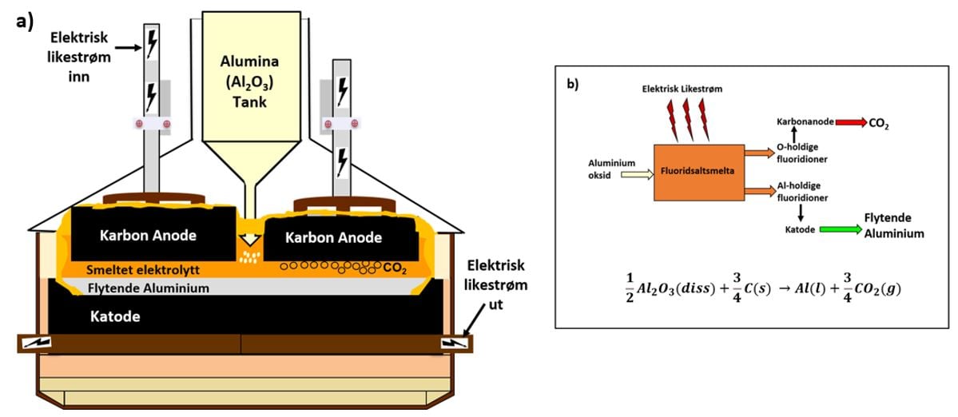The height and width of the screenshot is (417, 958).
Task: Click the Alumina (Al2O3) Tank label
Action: pyautogui.click(x=251, y=80)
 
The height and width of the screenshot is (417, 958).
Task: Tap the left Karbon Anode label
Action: pyautogui.click(x=153, y=235)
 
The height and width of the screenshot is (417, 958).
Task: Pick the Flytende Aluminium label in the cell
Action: pyautogui.click(x=149, y=287)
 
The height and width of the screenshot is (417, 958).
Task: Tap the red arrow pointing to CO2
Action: pyautogui.click(x=850, y=123)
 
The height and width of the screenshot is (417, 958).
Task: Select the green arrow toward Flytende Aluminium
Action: pyautogui.click(x=841, y=230)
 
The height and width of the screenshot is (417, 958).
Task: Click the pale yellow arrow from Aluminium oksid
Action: pyautogui.click(x=637, y=175)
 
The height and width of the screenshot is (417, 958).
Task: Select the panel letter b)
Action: pyautogui.click(x=574, y=85)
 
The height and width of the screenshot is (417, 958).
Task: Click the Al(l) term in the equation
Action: pyautogui.click(x=799, y=290)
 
